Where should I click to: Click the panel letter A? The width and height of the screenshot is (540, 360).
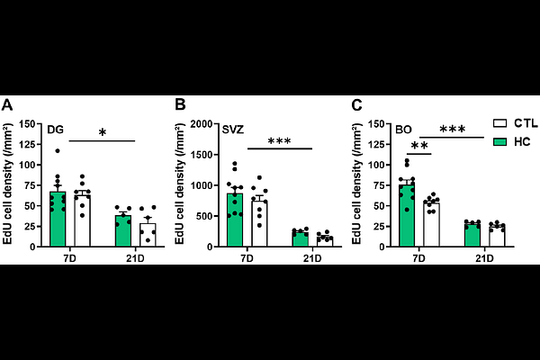pyautogui.click(x=7, y=105)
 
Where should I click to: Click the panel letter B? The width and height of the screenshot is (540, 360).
pyautogui.click(x=181, y=105)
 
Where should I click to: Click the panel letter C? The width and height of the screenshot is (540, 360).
pyautogui.click(x=356, y=105)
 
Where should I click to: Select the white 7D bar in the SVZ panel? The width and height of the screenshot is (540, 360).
pyautogui.click(x=258, y=222)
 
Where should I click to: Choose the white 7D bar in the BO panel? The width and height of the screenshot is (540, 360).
pyautogui.click(x=431, y=224)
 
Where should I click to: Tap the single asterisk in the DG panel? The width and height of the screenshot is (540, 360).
pyautogui.click(x=102, y=134)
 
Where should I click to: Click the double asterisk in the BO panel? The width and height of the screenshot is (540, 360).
pyautogui.click(x=418, y=148)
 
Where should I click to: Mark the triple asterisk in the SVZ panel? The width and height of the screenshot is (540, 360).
pyautogui.click(x=278, y=142)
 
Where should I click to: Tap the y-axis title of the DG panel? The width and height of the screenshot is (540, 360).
pyautogui.click(x=10, y=184)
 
